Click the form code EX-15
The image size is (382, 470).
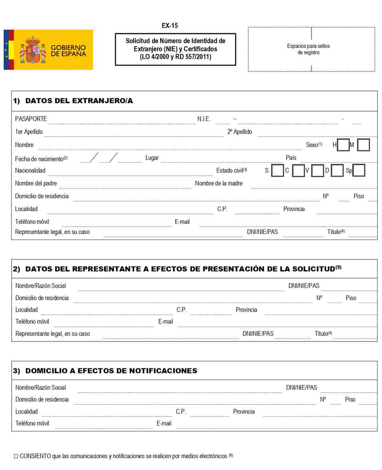tap(170, 26)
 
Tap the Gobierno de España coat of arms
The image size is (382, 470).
tap(33, 50)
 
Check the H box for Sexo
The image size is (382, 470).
tap(343, 145)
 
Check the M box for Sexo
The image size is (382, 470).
tap(363, 145)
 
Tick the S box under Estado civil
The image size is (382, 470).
tap(277, 170)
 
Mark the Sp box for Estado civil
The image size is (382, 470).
tap(359, 170)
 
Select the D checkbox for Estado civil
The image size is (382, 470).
tap(337, 170)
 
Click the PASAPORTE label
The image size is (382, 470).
tap(31, 119)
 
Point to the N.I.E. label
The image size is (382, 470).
tap(204, 119)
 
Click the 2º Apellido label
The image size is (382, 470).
tap(239, 132)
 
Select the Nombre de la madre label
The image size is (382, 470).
tap(219, 183)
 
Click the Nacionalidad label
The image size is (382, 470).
tap(30, 171)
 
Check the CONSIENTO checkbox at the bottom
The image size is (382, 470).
tap(16, 456)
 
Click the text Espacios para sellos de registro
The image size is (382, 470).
tap(308, 49)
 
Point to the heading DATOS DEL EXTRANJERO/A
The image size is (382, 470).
tap(79, 101)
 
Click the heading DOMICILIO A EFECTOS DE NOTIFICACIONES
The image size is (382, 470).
tap(111, 371)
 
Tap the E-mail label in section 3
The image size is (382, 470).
tap(164, 424)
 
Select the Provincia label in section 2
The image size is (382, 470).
tap(246, 310)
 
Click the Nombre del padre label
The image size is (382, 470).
tap(36, 183)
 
